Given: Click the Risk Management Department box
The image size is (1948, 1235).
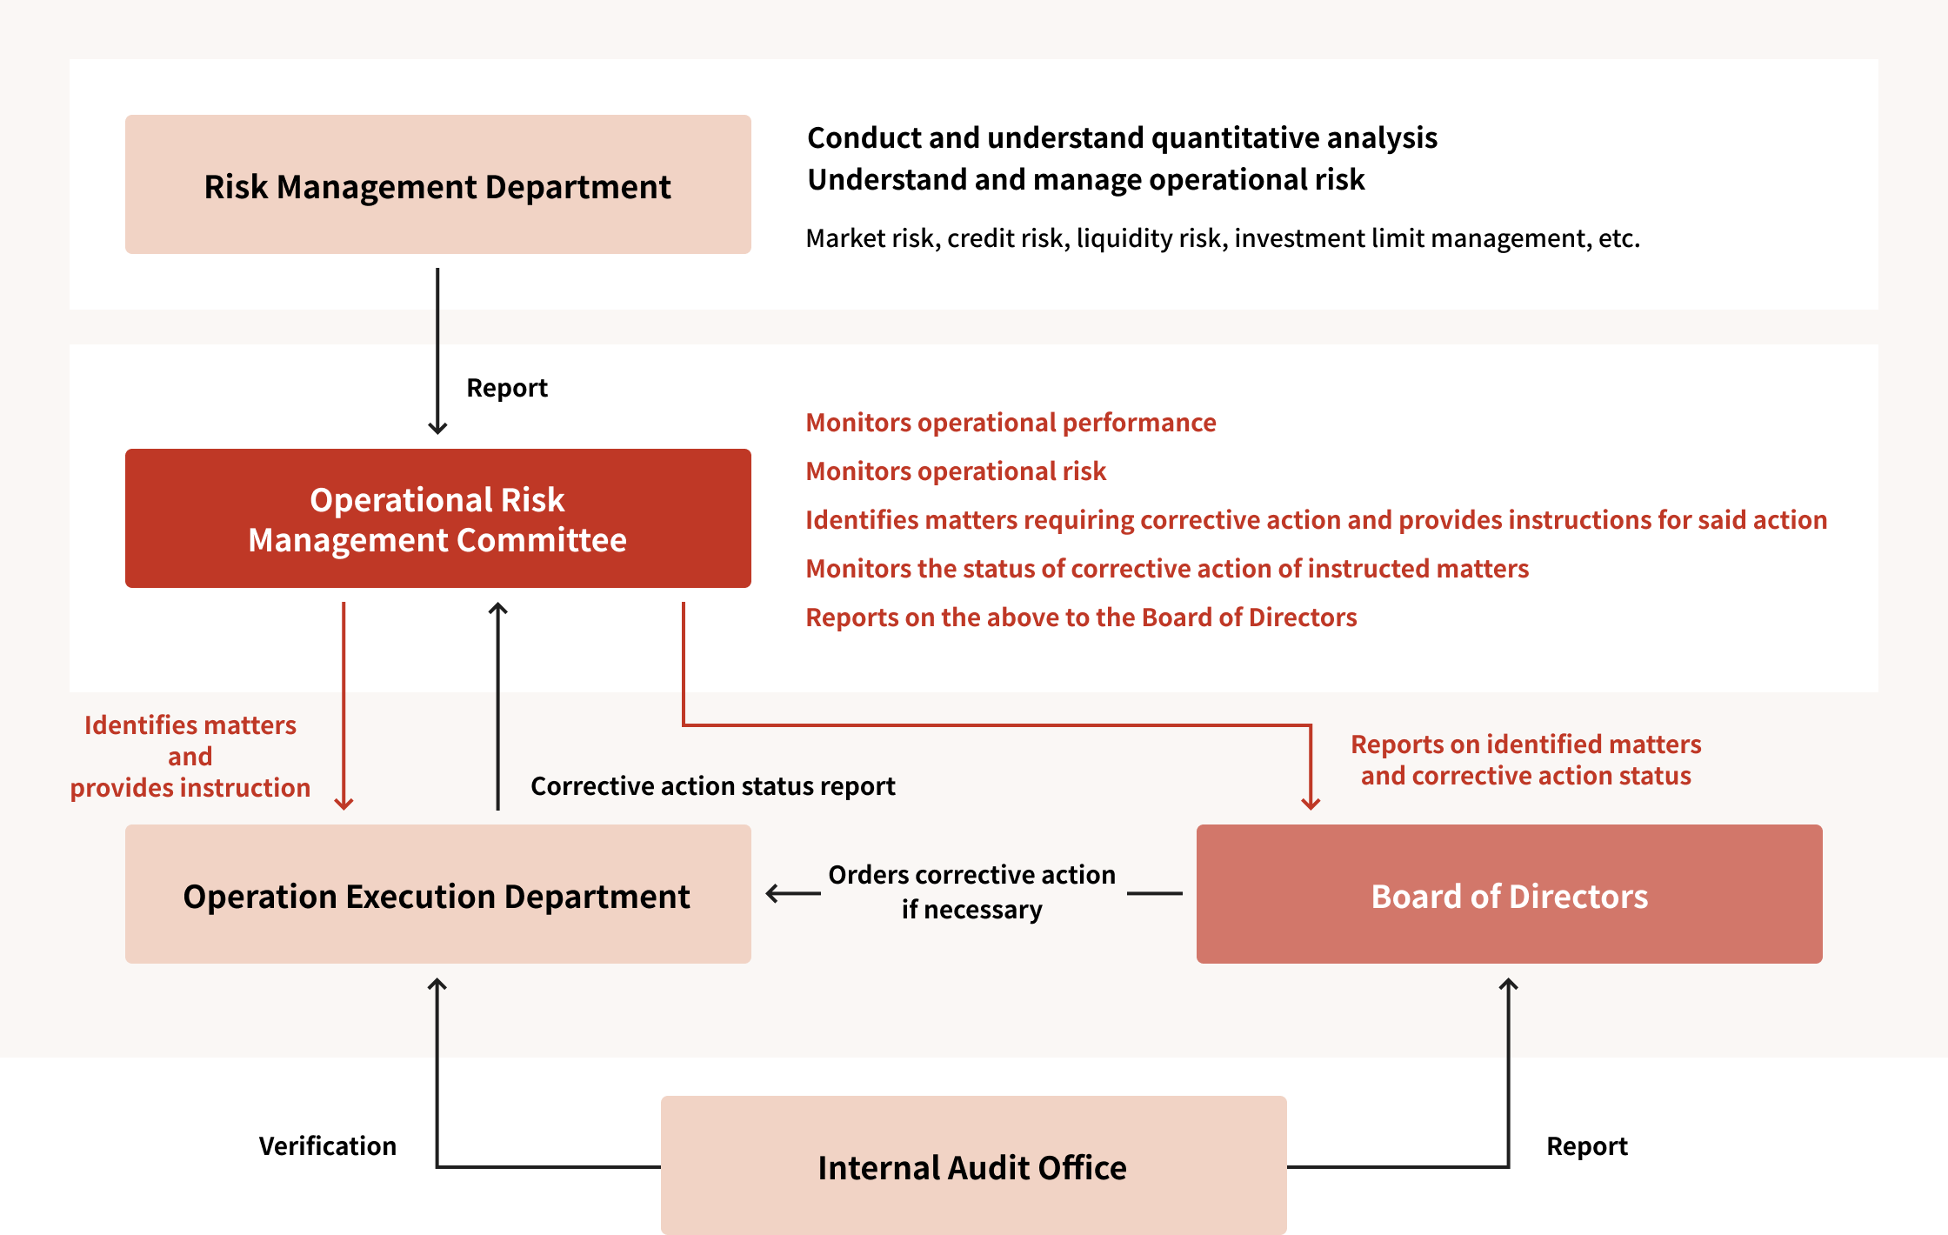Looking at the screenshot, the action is tap(437, 184).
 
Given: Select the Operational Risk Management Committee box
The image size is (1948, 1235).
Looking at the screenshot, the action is tap(437, 518).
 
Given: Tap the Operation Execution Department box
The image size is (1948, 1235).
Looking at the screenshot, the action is tap(437, 894).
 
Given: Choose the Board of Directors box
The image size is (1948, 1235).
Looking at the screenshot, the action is tap(1509, 894).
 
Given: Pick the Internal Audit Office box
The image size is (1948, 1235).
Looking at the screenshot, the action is tap(973, 1165).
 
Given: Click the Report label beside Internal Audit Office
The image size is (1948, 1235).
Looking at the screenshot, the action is tap(1587, 1146).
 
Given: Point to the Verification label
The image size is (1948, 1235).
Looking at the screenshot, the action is tap(327, 1146).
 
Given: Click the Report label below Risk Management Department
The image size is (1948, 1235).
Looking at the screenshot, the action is tap(507, 388).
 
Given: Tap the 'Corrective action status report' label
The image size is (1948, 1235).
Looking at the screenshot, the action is tap(712, 786).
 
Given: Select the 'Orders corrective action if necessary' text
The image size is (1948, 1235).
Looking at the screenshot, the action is tap(971, 892).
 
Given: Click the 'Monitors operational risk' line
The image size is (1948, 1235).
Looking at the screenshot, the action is tap(956, 471).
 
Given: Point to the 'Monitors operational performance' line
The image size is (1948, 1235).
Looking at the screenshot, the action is tap(1011, 423).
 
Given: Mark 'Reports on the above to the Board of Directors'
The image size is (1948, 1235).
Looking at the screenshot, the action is tap(1081, 617).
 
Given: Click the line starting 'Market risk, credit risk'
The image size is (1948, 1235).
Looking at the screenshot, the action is tap(1223, 238).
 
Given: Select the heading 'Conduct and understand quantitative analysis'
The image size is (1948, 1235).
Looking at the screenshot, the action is tap(1122, 138).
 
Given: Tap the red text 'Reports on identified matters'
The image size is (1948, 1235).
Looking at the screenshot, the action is tap(1525, 744).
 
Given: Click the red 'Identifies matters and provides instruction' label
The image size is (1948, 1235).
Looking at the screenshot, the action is tap(190, 757).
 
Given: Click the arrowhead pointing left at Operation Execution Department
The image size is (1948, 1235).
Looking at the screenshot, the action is tap(772, 893).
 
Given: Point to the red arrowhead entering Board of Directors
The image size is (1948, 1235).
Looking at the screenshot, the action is tap(1311, 804).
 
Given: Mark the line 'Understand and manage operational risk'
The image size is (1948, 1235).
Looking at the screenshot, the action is tap(1085, 180).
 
